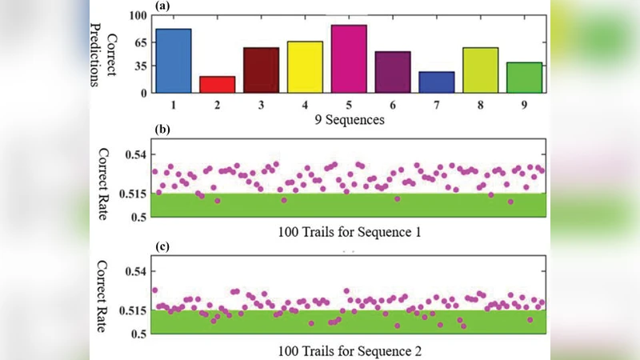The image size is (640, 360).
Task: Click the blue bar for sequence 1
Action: (174, 61)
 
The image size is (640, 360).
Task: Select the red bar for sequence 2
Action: (217, 84)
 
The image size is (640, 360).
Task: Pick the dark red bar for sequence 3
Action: (261, 70)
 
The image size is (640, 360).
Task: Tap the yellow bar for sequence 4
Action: (305, 66)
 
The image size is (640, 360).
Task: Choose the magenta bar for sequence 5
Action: (348, 58)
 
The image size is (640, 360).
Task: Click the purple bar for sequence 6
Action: (392, 72)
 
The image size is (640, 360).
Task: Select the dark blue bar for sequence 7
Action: (436, 82)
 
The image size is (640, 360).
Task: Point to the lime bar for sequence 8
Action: (480, 70)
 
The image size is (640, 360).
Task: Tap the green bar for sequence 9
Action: (524, 78)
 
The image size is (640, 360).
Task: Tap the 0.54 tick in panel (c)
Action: (135, 272)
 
